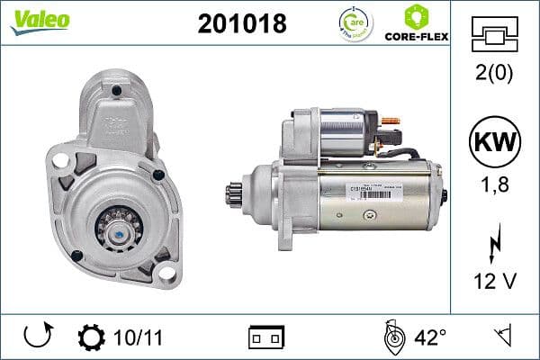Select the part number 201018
coord(240,23)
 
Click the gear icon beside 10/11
coord(92,338)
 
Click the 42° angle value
coord(430,338)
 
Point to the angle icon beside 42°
coord(392,337)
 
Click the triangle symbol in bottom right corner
coord(504,337)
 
